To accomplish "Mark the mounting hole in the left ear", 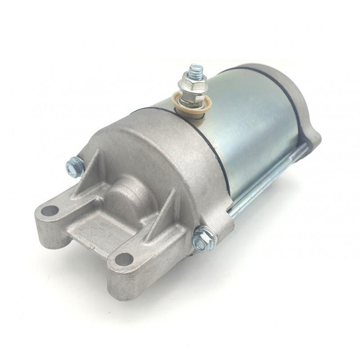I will pyautogui.click(x=52, y=210).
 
